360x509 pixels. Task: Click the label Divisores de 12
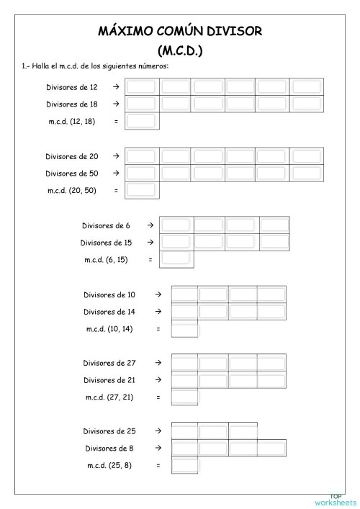[x=72, y=87]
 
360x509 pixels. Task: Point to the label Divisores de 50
[x=71, y=174]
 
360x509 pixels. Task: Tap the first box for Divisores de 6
[x=176, y=225]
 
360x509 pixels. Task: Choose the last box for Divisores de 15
[x=274, y=243]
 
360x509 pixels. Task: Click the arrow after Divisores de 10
[x=158, y=294]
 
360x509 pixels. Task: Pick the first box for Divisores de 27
[x=185, y=363]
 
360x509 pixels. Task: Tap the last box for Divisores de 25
[x=243, y=432]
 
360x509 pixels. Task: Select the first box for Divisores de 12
[x=141, y=87]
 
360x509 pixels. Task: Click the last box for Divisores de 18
[x=306, y=104]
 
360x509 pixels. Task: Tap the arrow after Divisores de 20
[x=115, y=156]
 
